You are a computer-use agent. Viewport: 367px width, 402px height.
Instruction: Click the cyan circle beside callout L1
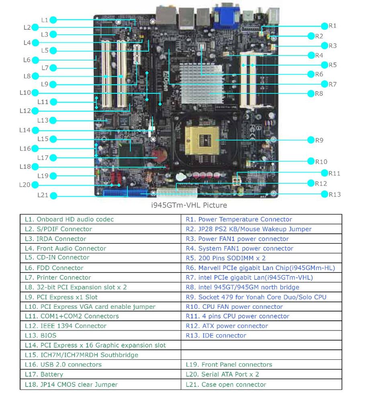coord(53,20)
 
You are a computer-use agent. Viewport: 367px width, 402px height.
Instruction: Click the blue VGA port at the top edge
coord(227,14)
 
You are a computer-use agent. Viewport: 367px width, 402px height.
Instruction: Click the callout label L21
coord(43,195)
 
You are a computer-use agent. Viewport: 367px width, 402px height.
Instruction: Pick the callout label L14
coord(25,130)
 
